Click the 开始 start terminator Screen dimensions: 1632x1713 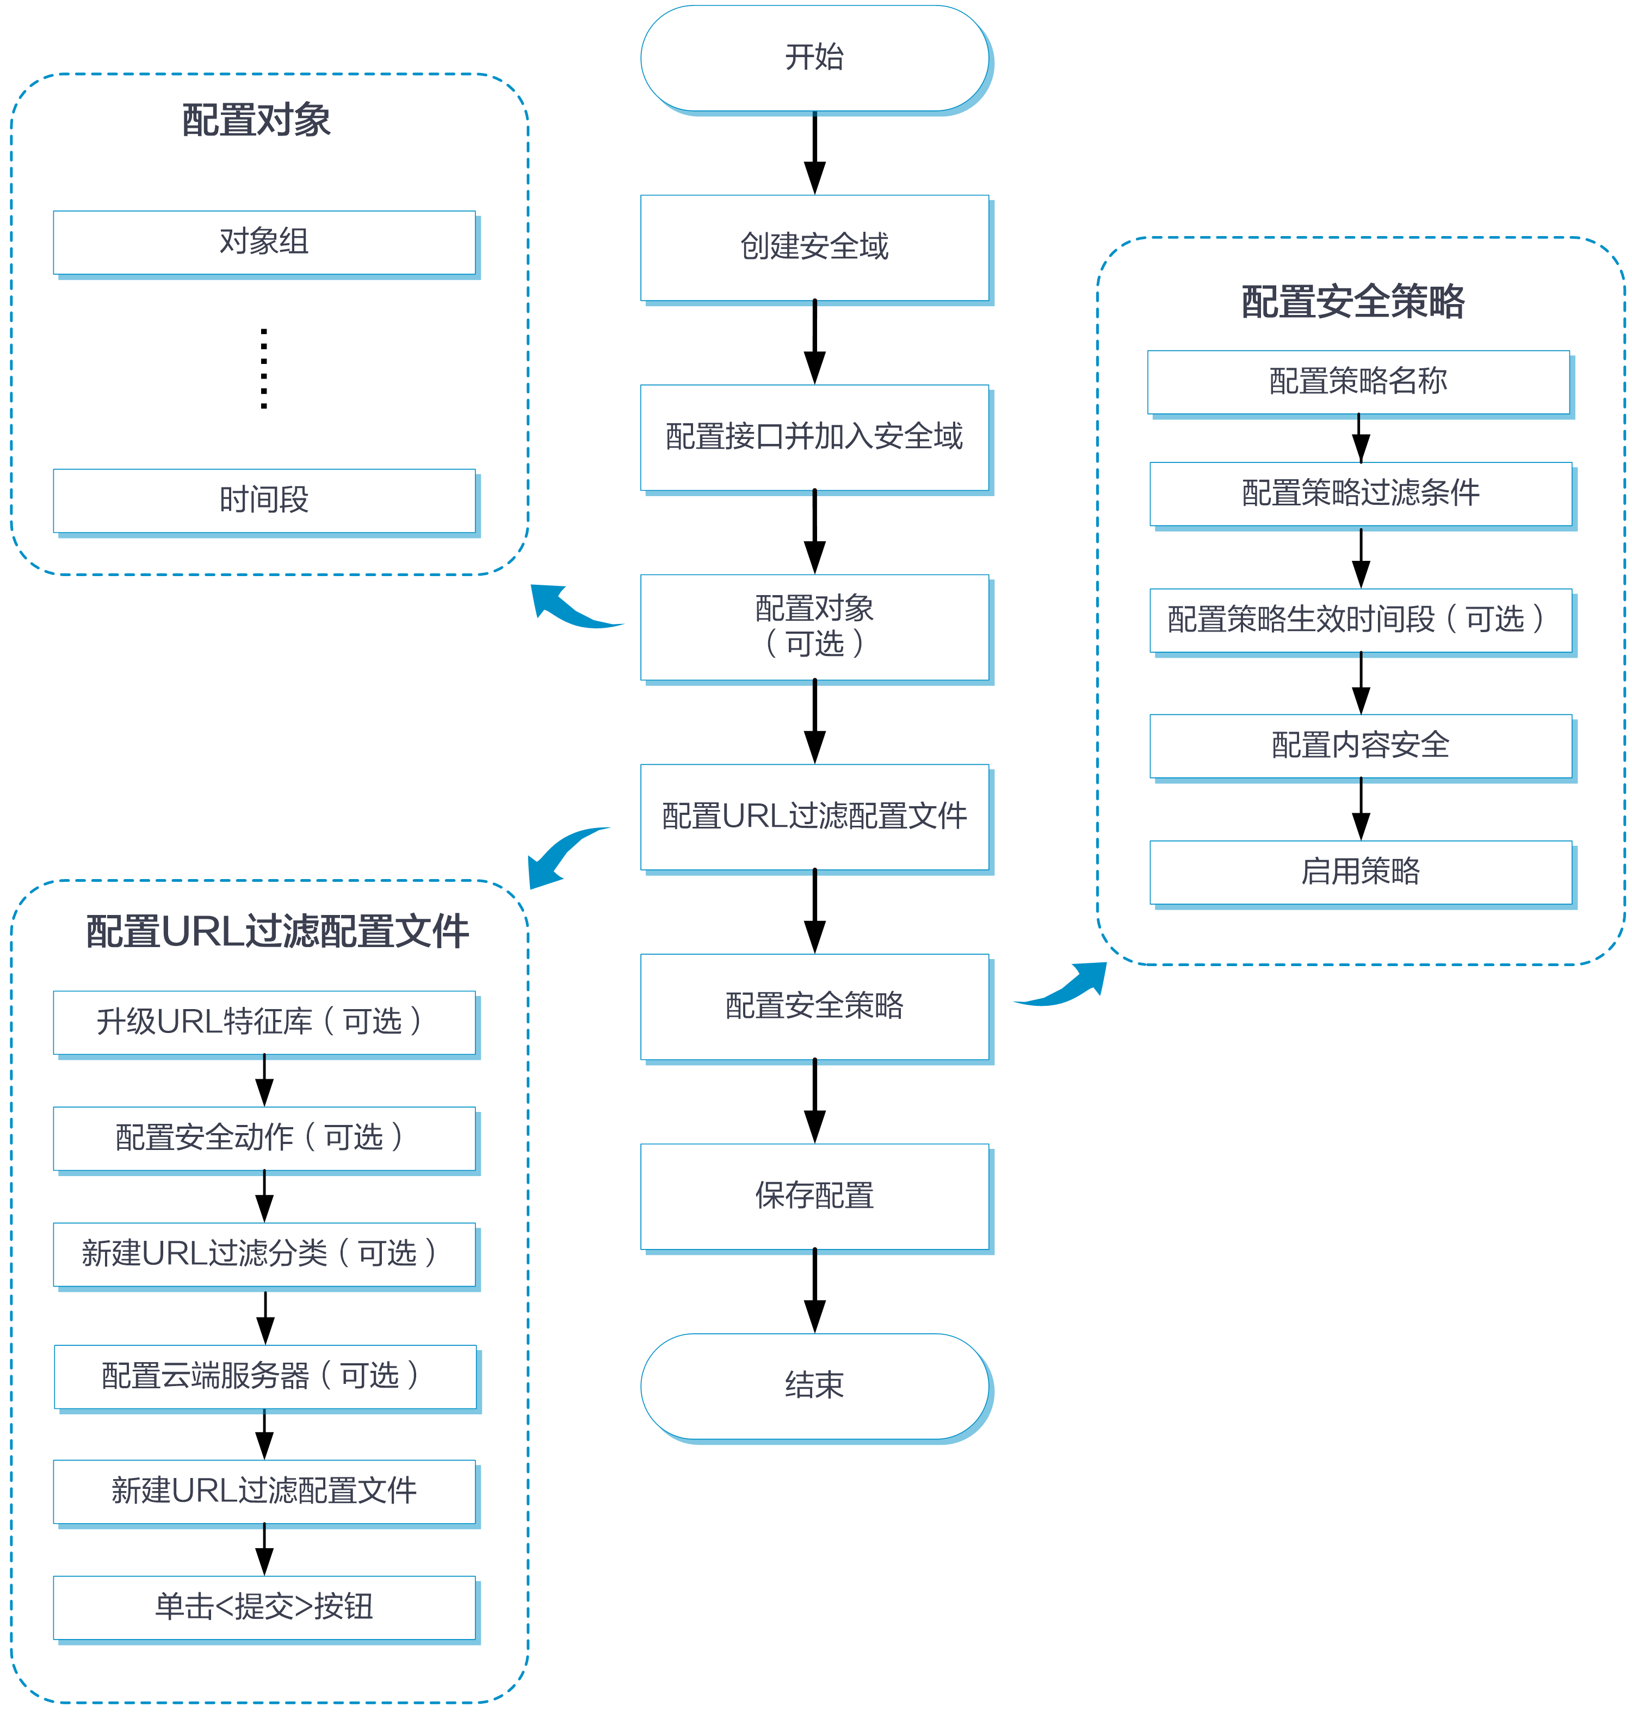point(815,58)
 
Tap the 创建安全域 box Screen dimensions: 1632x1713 point(815,248)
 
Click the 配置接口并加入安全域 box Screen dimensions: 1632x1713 point(815,437)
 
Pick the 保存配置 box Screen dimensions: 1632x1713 point(815,1197)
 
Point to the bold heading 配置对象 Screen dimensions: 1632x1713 point(257,120)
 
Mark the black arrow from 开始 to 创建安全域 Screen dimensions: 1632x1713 point(815,153)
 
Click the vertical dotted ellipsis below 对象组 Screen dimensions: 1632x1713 point(264,368)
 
